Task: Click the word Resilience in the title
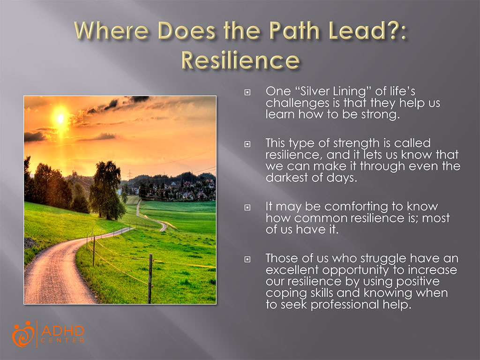tap(240, 60)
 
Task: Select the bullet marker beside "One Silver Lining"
tap(247, 92)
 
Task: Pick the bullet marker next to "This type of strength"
tap(247, 144)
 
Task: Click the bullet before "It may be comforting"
tap(247, 208)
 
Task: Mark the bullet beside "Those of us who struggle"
tap(247, 259)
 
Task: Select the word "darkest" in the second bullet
tap(287, 178)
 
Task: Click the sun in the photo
tap(60, 118)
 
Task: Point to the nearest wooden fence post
tap(150, 278)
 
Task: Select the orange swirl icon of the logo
tap(23, 334)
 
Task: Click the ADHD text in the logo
tap(63, 330)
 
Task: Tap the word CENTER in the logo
tap(63, 340)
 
